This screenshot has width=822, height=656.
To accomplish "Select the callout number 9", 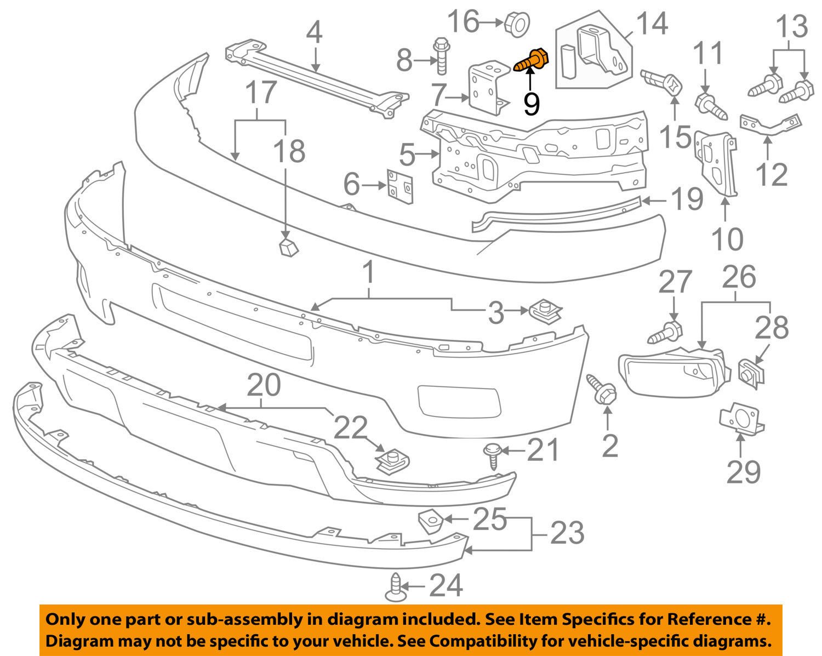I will pos(531,103).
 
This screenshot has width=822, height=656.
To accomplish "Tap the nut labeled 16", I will pos(516,23).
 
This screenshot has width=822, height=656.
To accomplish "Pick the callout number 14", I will pos(652,24).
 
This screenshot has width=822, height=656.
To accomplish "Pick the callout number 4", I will pos(313,35).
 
